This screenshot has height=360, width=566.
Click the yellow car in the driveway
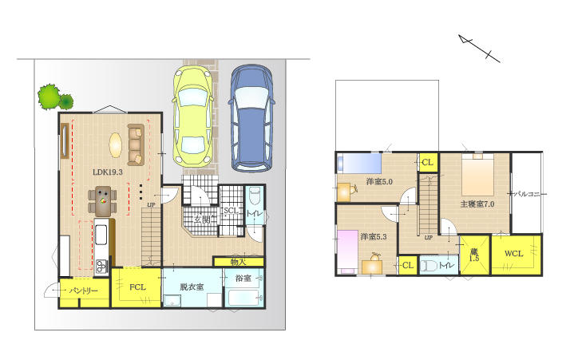[x=192, y=117]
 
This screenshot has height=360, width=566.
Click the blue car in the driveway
[x=251, y=117]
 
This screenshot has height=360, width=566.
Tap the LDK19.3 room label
[x=108, y=172]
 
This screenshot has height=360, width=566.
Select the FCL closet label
[x=137, y=287]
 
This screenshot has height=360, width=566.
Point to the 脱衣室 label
[x=192, y=287]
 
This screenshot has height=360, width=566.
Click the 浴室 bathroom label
[x=243, y=278]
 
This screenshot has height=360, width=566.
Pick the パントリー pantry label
[x=83, y=291]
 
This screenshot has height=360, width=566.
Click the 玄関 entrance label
[x=202, y=220]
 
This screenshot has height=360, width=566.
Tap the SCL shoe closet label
[x=230, y=211]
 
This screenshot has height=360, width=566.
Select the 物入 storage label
[x=238, y=262]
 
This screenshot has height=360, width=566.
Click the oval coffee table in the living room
[x=116, y=145]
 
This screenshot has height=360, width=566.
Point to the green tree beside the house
[x=55, y=97]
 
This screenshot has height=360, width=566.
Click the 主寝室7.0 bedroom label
[x=477, y=204]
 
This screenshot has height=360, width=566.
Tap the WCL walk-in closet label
[x=513, y=254]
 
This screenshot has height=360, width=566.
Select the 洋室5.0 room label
[x=379, y=182]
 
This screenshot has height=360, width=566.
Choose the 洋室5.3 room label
[x=374, y=237]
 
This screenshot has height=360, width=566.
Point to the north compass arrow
[x=479, y=49]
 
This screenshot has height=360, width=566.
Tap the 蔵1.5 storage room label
[x=474, y=255]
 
